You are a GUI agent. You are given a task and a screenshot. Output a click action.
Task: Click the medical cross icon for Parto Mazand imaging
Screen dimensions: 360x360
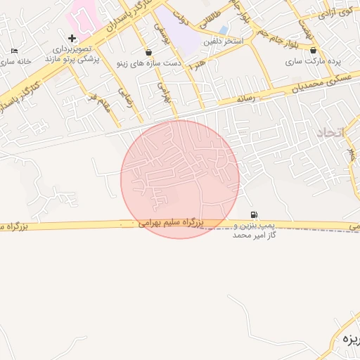point(72,37)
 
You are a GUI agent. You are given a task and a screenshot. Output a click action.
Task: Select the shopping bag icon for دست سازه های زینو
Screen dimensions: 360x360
point(148,52)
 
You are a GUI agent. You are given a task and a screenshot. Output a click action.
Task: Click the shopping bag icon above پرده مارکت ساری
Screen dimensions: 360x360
point(313,51)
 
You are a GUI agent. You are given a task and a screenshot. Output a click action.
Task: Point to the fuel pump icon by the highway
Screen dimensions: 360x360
point(253,214)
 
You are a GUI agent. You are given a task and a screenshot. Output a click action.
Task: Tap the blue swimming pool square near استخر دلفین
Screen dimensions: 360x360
point(224,30)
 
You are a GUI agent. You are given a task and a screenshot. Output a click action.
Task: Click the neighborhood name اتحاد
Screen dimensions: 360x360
point(328,131)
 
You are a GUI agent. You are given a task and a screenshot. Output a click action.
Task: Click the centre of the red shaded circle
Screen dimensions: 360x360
point(180,179)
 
